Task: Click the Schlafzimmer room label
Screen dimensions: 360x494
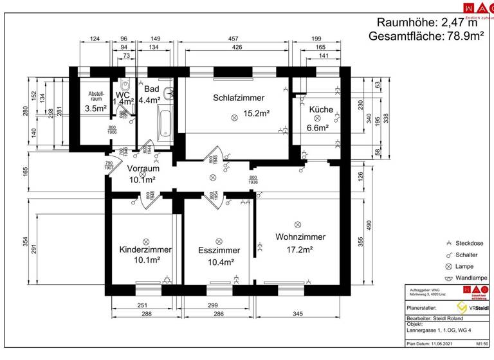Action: click(x=239, y=98)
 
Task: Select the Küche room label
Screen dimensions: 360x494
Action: click(x=321, y=109)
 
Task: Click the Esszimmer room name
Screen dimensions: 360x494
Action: click(x=219, y=250)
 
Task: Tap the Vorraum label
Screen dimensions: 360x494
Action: click(x=143, y=168)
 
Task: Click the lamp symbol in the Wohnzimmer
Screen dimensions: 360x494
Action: click(x=297, y=224)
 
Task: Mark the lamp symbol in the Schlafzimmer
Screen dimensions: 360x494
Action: click(x=235, y=116)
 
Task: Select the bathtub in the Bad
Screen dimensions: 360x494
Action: click(x=164, y=125)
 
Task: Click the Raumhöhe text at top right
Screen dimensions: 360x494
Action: click(x=428, y=22)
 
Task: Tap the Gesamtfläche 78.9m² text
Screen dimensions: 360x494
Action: click(x=426, y=37)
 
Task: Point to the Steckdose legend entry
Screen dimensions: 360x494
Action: click(x=464, y=244)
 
